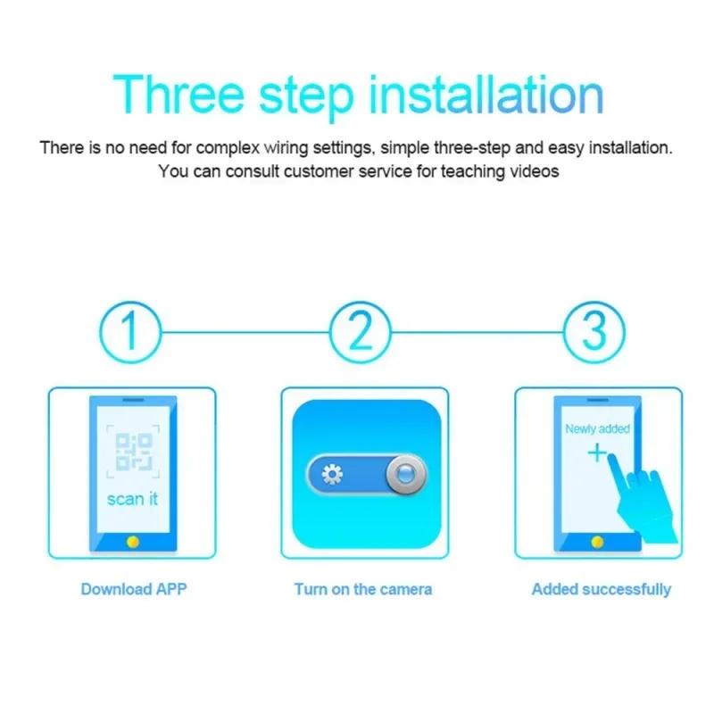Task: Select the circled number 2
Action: pyautogui.click(x=360, y=331)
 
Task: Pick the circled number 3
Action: pyautogui.click(x=594, y=331)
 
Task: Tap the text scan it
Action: pyautogui.click(x=132, y=499)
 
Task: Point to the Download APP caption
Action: pyautogui.click(x=134, y=589)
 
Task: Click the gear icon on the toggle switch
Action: pyautogui.click(x=332, y=475)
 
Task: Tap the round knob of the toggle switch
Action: pyautogui.click(x=406, y=475)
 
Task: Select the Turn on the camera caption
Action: pyautogui.click(x=363, y=589)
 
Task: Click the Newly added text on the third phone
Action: pyautogui.click(x=597, y=429)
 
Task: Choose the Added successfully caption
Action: pyautogui.click(x=602, y=589)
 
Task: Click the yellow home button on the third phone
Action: pyautogui.click(x=597, y=542)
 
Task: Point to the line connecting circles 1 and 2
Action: pyautogui.click(x=245, y=331)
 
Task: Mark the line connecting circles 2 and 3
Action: pyautogui.click(x=477, y=331)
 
